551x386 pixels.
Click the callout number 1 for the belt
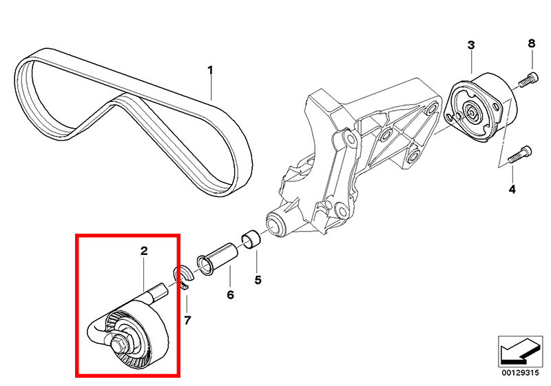coord(210,70)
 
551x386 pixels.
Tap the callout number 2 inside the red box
coord(144,251)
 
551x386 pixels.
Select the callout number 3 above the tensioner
coord(471,45)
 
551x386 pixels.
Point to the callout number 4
coord(512,190)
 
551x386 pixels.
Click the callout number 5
coord(258,280)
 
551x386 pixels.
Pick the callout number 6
coord(230,294)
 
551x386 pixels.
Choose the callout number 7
coord(187,321)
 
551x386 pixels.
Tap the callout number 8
coord(531,43)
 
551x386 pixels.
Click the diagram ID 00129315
coord(520,373)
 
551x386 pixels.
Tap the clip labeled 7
coord(184,276)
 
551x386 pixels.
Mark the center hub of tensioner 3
coord(470,112)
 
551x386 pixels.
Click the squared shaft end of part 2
coord(160,291)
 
